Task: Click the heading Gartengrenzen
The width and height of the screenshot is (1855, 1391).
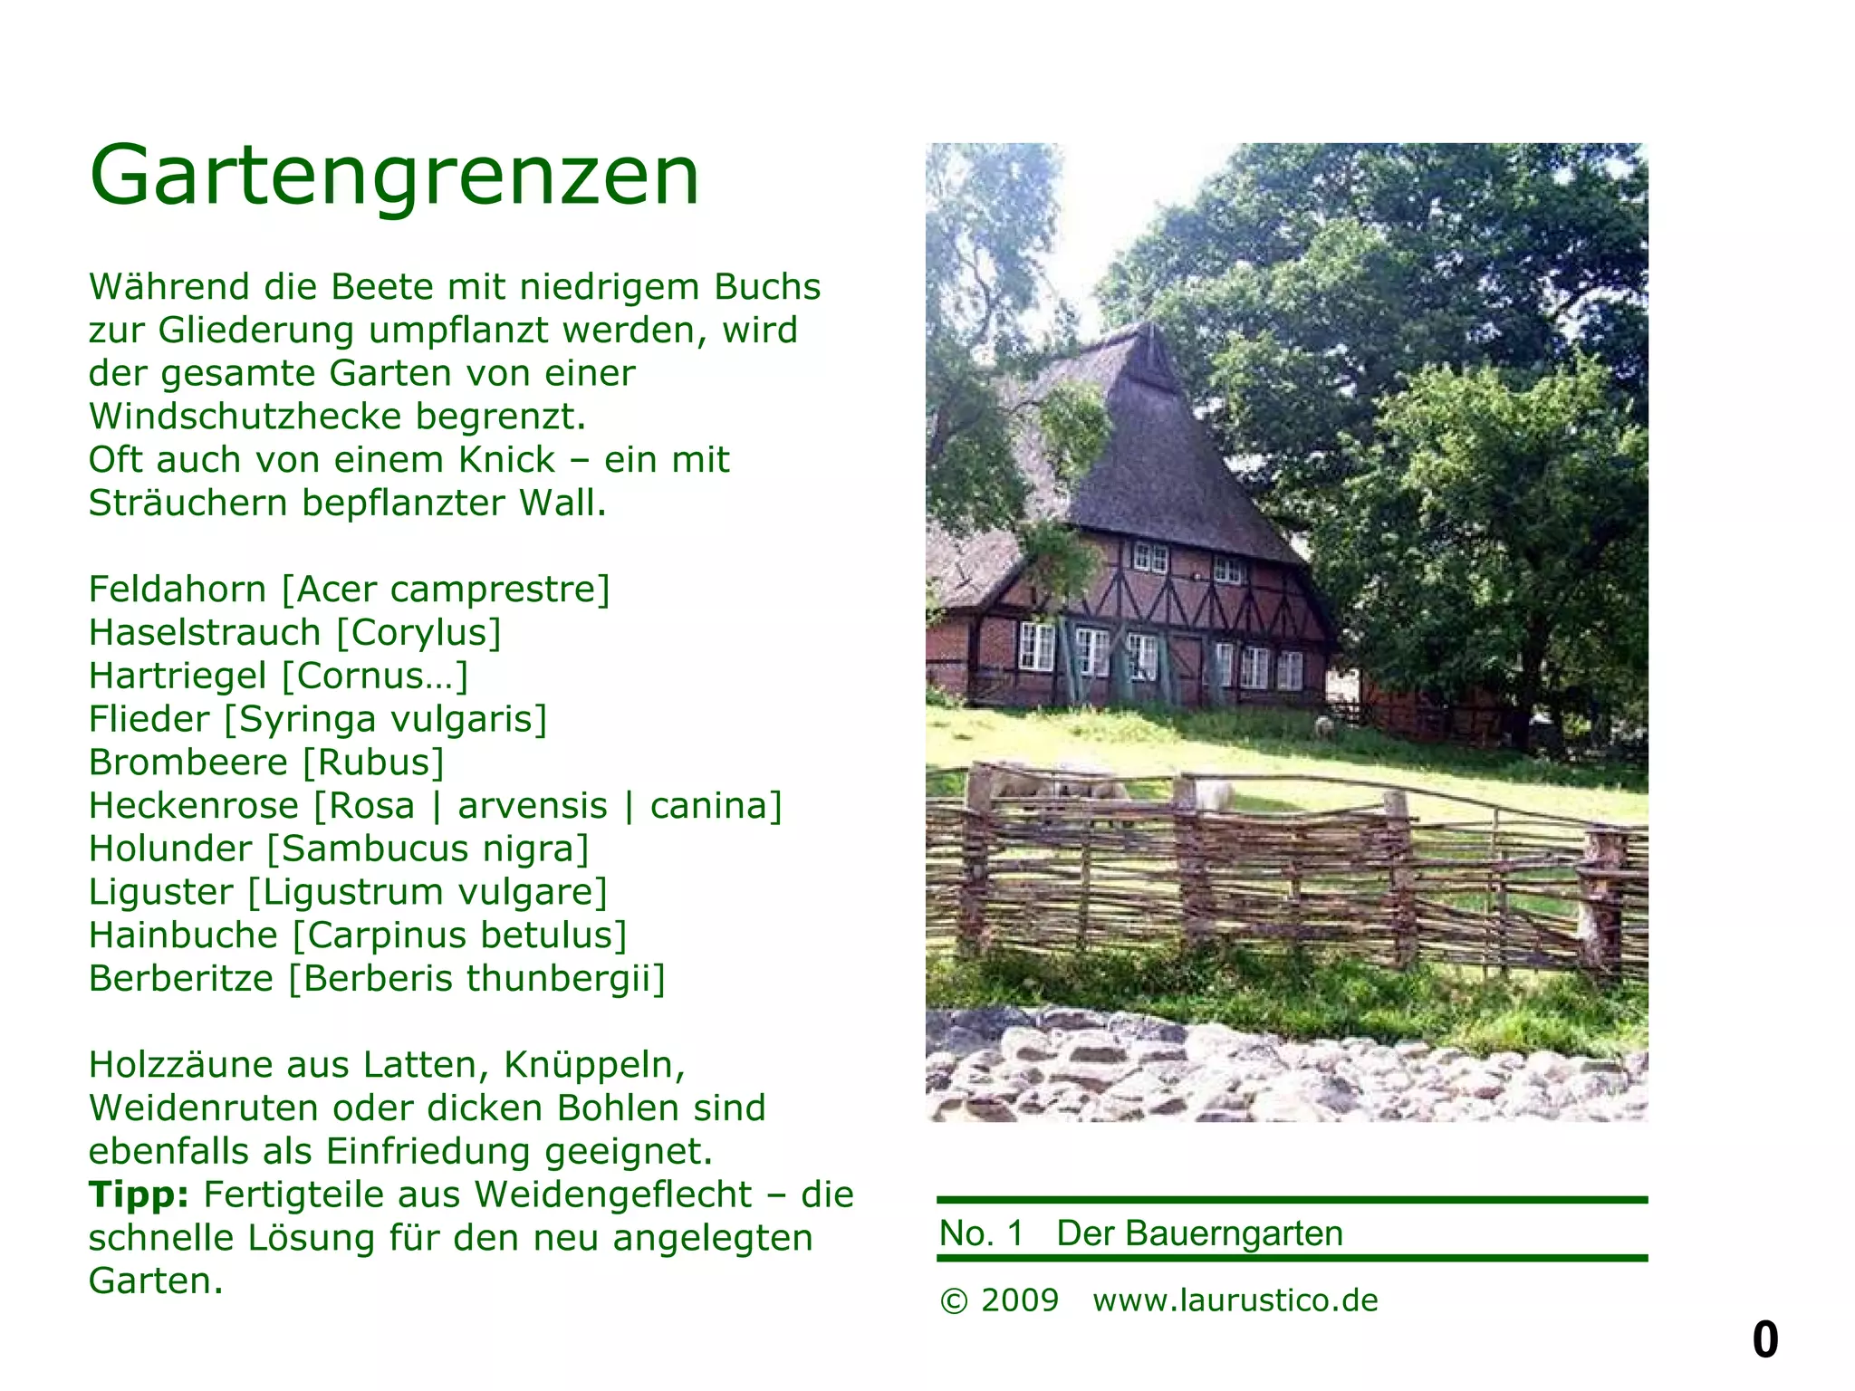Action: pos(395,176)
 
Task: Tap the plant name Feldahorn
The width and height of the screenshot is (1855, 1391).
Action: pos(178,590)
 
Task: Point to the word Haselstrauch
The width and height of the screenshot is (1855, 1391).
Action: pos(205,633)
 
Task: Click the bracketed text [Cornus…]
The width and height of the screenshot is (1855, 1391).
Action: pos(375,676)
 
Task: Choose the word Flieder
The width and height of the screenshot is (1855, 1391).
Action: pos(149,719)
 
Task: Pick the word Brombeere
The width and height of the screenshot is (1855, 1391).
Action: pos(187,763)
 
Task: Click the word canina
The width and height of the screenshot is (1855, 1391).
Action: pos(715,806)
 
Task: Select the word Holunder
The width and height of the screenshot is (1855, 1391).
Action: pos(170,849)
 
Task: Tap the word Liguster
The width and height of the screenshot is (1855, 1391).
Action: pos(160,892)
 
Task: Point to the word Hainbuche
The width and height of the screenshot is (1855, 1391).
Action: pos(183,935)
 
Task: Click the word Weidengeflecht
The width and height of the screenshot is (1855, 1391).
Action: pos(613,1195)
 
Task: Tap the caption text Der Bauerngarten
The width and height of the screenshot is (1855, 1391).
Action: pos(1199,1233)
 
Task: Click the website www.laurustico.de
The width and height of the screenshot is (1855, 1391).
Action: pos(1235,1300)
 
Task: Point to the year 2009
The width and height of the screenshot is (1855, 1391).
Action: pos(1020,1300)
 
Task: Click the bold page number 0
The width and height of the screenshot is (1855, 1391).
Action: pos(1765,1339)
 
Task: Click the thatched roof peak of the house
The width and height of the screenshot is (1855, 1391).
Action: pos(1149,335)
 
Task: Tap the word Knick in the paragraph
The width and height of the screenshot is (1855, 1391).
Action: pos(506,460)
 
